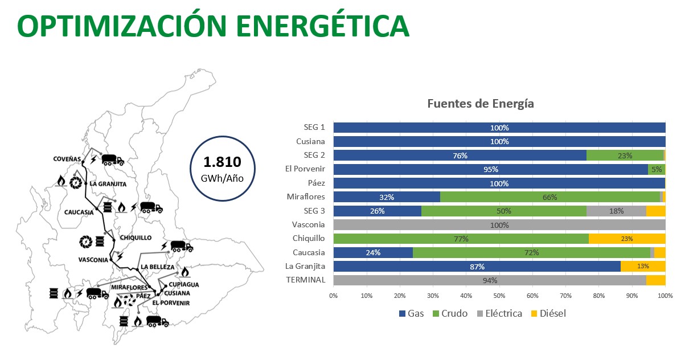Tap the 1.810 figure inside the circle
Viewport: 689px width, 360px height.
[222, 162]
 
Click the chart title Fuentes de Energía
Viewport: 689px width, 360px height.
[480, 104]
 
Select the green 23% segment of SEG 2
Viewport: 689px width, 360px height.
[625, 156]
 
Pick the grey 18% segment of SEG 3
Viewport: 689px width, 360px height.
[616, 211]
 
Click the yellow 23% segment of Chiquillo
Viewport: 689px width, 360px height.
[626, 239]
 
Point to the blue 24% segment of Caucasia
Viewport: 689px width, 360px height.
[372, 252]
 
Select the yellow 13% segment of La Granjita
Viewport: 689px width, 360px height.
[642, 266]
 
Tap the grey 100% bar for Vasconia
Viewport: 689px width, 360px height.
[499, 225]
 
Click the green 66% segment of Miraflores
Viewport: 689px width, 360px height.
[549, 197]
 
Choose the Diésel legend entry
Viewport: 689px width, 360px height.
[547, 313]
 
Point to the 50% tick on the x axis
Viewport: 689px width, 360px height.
[499, 296]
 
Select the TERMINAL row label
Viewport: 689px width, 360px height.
[306, 280]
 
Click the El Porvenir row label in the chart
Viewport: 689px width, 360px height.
[305, 169]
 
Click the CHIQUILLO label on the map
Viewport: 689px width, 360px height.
[136, 238]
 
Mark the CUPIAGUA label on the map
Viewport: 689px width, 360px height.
[184, 284]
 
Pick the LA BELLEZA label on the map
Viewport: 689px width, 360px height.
[157, 266]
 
